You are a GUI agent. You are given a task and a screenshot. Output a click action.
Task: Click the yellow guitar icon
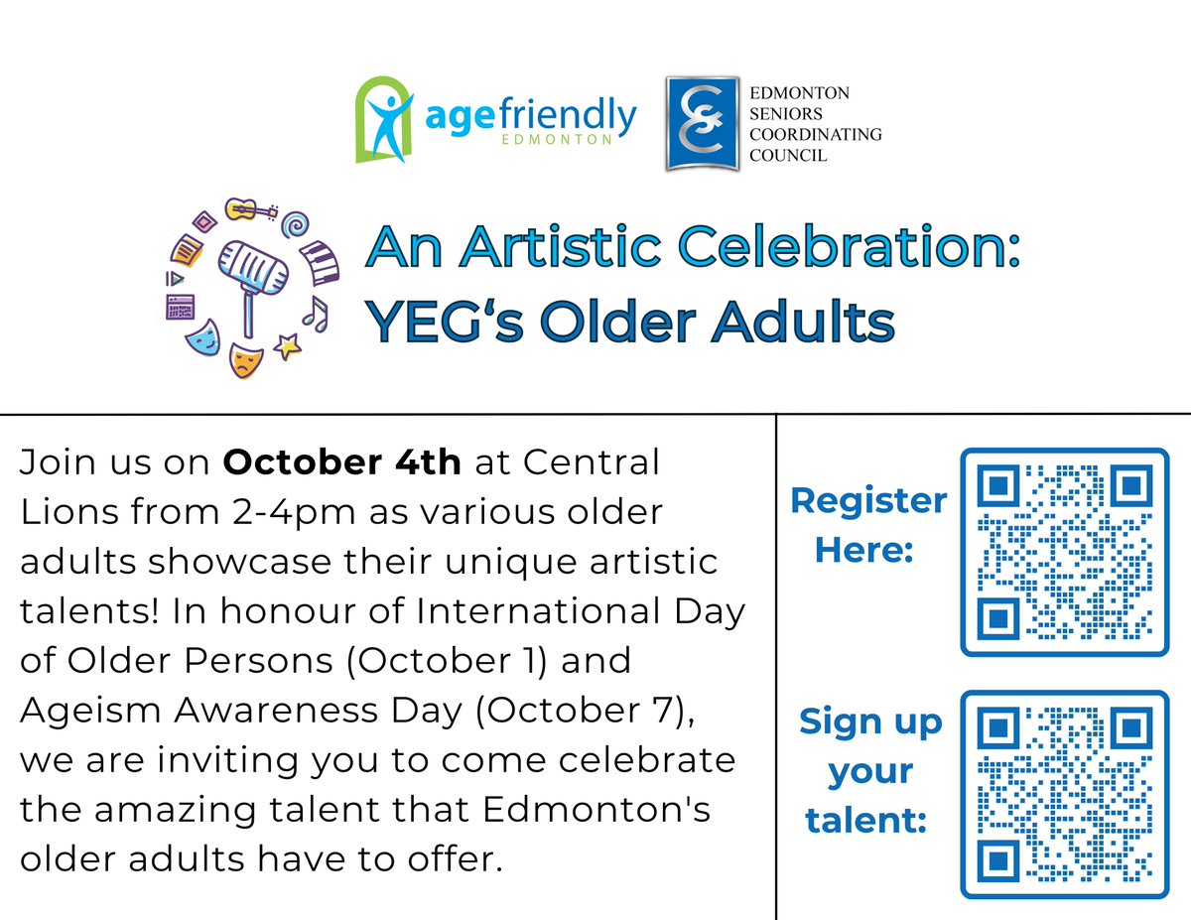coord(250,210)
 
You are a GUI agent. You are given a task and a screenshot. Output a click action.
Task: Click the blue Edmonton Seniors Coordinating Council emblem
coord(703,123)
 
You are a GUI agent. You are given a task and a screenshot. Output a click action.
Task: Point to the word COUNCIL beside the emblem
coord(788,156)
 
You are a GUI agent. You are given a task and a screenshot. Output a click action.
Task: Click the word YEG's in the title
coord(441,322)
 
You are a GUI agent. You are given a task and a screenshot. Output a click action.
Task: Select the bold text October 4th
coord(341,462)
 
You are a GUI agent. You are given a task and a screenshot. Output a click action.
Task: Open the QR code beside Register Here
coord(1064,551)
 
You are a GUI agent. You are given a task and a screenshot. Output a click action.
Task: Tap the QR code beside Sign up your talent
coord(1064,793)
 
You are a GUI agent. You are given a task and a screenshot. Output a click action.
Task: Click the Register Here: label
coord(866,525)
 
